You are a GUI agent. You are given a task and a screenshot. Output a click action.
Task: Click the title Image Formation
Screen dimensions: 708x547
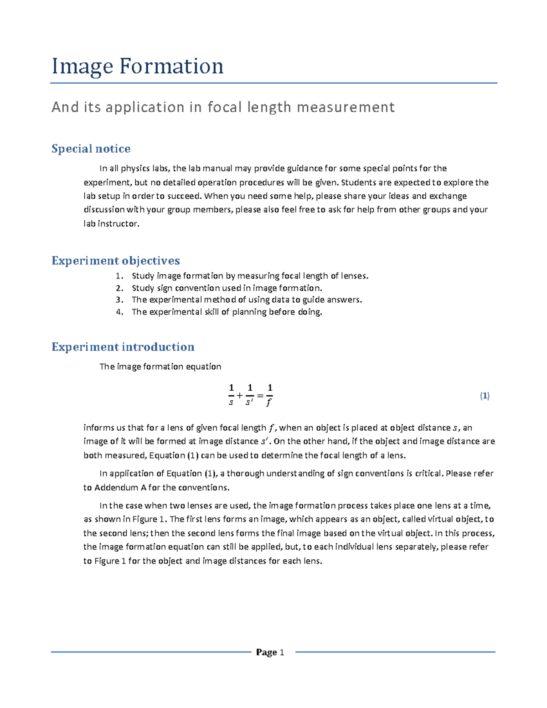[x=137, y=66]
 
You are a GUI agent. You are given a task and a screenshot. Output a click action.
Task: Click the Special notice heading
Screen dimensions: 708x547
[x=91, y=149]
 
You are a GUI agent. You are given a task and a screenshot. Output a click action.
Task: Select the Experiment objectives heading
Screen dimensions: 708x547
[x=115, y=261]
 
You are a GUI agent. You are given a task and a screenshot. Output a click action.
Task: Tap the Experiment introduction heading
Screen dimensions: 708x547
[x=123, y=347]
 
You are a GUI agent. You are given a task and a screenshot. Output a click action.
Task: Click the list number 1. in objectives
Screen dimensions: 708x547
[x=119, y=276]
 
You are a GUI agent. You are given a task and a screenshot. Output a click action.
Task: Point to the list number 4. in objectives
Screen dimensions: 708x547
[x=119, y=312]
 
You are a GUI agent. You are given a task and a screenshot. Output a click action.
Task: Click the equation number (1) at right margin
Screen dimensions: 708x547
[x=485, y=396]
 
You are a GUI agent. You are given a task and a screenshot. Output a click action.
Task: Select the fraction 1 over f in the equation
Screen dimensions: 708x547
[x=269, y=395]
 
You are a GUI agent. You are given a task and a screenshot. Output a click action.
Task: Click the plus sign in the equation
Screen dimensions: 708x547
[x=240, y=396]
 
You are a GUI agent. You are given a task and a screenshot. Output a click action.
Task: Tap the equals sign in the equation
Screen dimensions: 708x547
[x=260, y=396]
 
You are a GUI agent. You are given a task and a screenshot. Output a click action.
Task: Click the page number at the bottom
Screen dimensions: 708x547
[x=270, y=652]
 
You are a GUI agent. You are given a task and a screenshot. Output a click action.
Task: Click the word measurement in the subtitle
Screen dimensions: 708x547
[x=346, y=107]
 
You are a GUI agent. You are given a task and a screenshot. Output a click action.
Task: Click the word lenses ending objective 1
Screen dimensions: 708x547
[x=352, y=276]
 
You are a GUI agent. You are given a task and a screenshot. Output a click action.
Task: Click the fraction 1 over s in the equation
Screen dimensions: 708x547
[x=231, y=395]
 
